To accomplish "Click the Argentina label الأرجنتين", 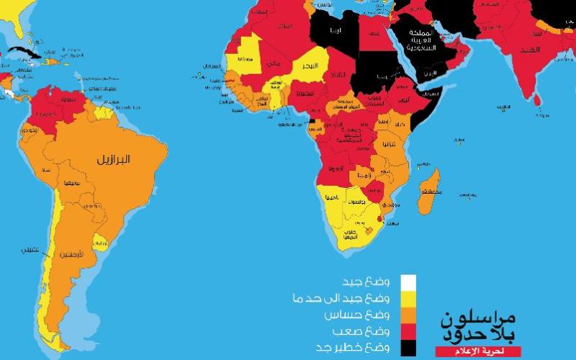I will tap(88, 256).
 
